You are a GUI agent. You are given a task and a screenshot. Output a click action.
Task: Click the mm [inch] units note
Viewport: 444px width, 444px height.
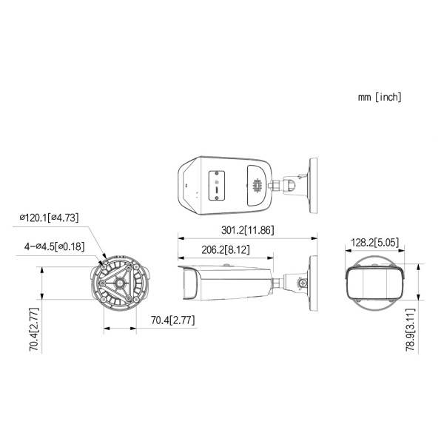(380, 97)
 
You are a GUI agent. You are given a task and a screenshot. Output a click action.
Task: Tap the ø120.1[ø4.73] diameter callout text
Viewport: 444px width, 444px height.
(49, 218)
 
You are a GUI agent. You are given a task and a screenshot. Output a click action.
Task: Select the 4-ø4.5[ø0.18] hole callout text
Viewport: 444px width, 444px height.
(54, 246)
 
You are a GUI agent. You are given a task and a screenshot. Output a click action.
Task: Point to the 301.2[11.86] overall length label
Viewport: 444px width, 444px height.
(248, 230)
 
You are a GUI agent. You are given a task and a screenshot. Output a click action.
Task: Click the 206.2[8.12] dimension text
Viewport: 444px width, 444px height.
(226, 250)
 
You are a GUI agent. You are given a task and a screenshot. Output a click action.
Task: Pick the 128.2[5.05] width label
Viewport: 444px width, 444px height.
(374, 243)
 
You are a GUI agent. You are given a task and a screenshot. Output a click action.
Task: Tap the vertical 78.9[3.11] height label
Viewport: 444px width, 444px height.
(410, 329)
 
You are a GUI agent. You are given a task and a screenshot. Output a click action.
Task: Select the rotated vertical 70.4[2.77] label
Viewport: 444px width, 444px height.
(34, 329)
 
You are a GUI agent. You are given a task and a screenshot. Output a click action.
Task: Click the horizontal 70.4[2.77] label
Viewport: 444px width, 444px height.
(172, 320)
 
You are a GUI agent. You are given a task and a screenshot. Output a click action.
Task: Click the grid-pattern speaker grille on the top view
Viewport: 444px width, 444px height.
(257, 186)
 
